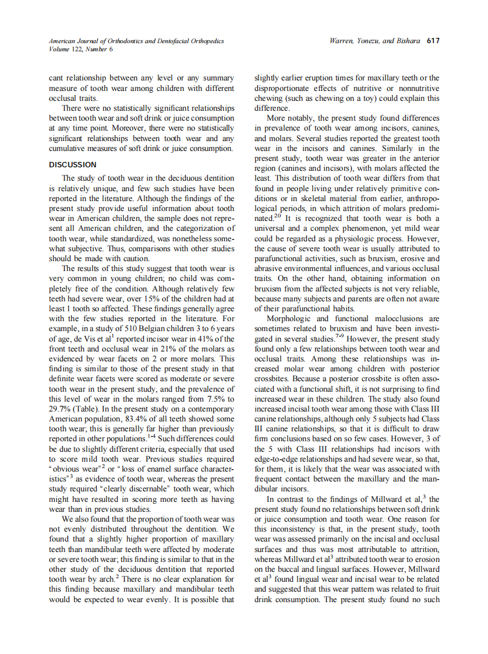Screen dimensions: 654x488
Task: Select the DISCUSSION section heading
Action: pyautogui.click(x=73, y=165)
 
